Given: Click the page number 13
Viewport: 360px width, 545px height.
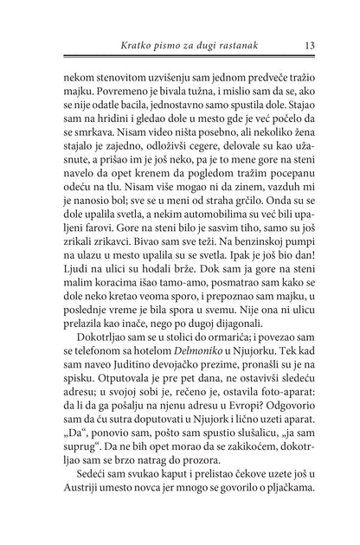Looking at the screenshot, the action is coord(309,43).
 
